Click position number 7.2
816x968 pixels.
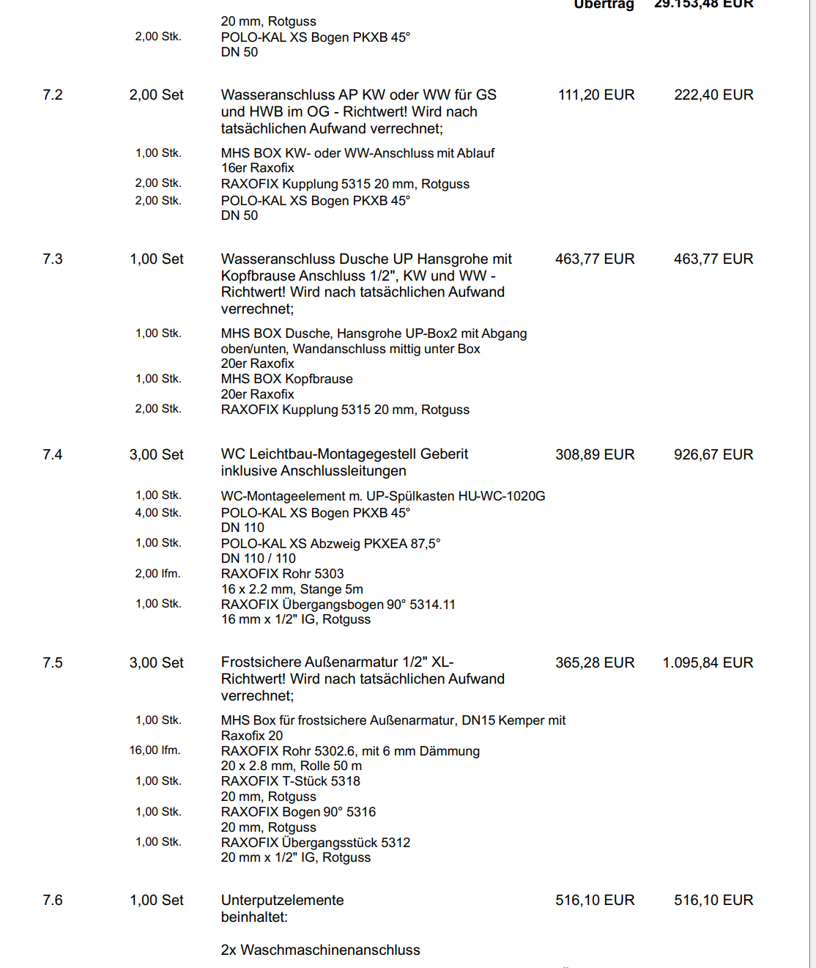53,95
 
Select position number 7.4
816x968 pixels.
53,455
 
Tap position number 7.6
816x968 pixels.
53,901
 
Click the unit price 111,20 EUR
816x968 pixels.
596,95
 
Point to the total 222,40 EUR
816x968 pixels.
713,95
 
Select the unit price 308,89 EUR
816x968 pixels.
595,455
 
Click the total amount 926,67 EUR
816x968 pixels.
713,455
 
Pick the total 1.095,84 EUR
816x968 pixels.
708,663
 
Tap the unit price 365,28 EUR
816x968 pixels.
595,663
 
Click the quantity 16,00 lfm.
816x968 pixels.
155,750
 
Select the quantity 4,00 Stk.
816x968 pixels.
158,513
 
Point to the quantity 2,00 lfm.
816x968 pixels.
157,574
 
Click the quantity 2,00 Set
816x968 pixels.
157,95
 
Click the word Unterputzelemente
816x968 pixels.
282,901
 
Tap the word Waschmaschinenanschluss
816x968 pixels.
330,950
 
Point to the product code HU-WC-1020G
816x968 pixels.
502,496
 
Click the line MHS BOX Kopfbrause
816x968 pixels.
287,379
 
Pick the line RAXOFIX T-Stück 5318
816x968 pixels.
291,781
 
